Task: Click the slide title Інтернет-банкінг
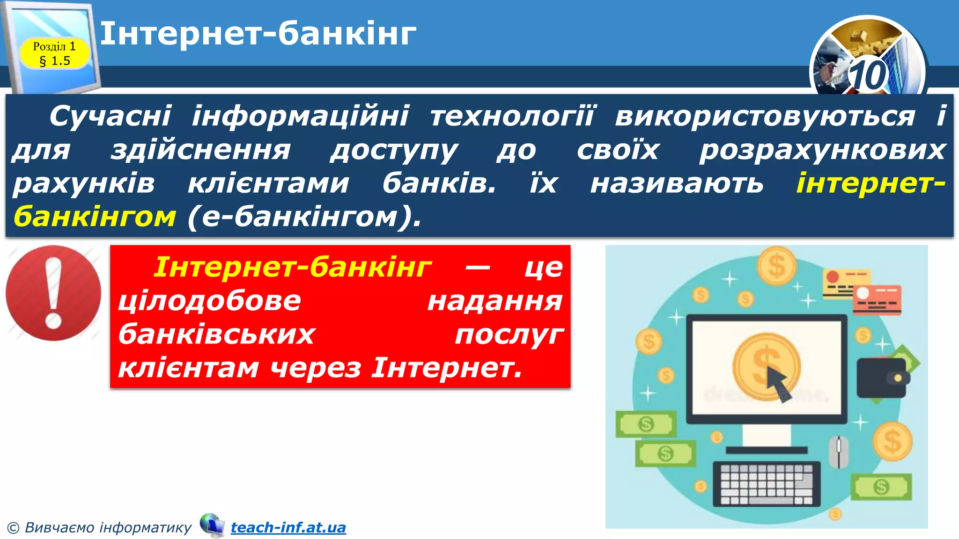click(x=258, y=34)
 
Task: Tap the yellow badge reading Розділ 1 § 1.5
click(x=54, y=53)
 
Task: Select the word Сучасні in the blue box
click(x=111, y=116)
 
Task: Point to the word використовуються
click(x=765, y=116)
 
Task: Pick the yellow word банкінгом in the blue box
click(x=95, y=217)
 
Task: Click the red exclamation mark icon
click(x=53, y=293)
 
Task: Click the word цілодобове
click(x=209, y=300)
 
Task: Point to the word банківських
click(x=216, y=334)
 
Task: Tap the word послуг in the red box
click(x=509, y=335)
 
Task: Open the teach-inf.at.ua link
click(x=288, y=527)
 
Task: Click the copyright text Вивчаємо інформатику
click(x=108, y=527)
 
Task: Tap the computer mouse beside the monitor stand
click(x=838, y=452)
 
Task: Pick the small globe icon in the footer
click(x=212, y=525)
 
